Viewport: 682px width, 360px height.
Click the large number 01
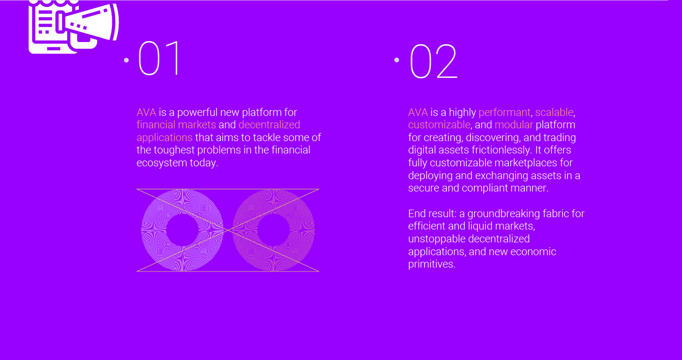159,58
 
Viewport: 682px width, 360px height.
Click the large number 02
434,61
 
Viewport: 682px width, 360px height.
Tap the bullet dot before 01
126,60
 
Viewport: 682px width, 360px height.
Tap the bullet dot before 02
396,60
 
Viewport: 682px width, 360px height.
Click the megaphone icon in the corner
74,27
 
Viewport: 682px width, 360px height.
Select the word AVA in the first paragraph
146,112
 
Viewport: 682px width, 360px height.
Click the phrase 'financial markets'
176,125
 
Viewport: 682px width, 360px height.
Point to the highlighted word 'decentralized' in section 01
269,125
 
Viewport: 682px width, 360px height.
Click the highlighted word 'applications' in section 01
164,138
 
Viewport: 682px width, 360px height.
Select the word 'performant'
504,112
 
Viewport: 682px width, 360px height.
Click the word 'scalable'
554,112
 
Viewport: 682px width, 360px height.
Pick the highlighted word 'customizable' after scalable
439,125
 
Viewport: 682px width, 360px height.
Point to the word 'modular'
514,125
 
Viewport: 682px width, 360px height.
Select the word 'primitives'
431,264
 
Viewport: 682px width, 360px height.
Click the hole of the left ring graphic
182,230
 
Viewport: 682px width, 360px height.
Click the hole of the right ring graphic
273,230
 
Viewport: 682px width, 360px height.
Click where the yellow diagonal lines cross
228,230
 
